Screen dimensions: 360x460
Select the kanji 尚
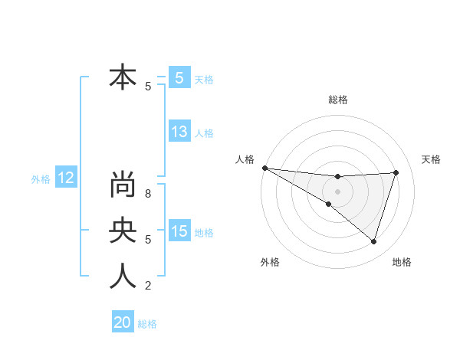(123, 185)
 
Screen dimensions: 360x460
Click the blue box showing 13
(179, 132)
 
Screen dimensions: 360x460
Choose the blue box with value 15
(179, 231)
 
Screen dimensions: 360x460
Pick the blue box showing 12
(65, 178)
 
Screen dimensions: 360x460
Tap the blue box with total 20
(122, 322)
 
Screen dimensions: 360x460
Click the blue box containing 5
(179, 77)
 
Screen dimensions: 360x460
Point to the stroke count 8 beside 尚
(148, 194)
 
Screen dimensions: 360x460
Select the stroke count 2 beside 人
(148, 286)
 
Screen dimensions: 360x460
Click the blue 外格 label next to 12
(41, 179)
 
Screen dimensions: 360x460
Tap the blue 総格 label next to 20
(147, 323)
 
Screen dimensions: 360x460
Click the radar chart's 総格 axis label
(338, 100)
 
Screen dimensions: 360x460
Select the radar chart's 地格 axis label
(402, 262)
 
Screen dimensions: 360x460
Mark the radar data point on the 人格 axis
(264, 167)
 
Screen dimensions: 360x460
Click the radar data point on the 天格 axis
(396, 172)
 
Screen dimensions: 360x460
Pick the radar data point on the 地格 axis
(374, 241)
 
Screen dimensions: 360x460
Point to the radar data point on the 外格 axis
(328, 204)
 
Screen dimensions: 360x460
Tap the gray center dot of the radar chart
(338, 191)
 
